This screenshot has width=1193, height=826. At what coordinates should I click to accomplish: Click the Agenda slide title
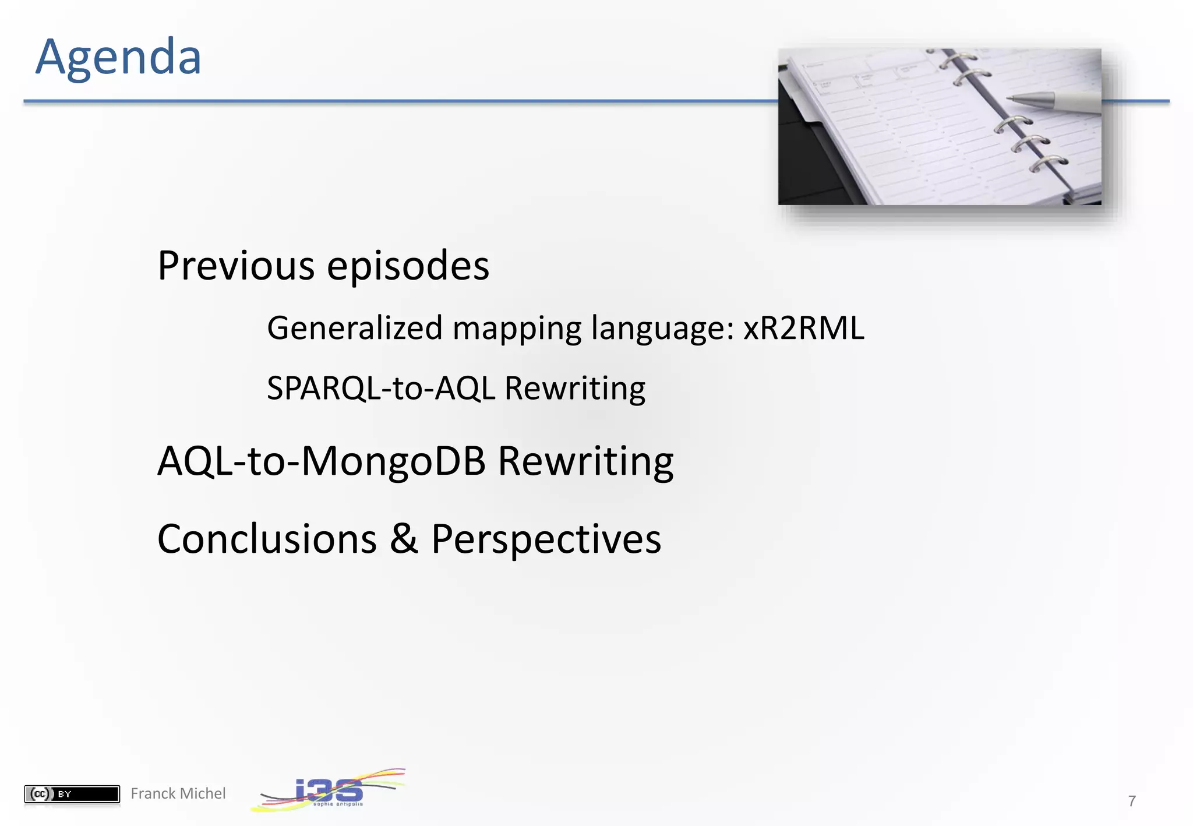coord(118,57)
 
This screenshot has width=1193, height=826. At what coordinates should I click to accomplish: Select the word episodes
coord(408,266)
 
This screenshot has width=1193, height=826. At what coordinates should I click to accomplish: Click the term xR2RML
coord(803,327)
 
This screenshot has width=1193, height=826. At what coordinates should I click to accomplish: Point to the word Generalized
coord(355,327)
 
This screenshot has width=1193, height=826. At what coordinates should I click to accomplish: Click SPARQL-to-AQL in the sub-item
coord(381,388)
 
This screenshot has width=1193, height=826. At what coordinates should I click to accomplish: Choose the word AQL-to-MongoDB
coord(322,461)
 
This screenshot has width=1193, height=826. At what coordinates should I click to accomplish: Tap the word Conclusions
coord(267,538)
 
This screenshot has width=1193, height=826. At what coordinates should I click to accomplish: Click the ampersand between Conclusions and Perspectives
coord(404,538)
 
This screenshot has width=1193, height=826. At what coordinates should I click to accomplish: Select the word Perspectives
coord(546,538)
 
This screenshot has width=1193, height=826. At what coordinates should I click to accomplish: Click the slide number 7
coord(1131,801)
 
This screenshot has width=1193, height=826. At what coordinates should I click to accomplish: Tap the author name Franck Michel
coord(178,793)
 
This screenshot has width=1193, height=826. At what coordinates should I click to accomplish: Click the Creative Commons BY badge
coord(72,793)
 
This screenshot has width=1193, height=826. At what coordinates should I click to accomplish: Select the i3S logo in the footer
coord(328,790)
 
